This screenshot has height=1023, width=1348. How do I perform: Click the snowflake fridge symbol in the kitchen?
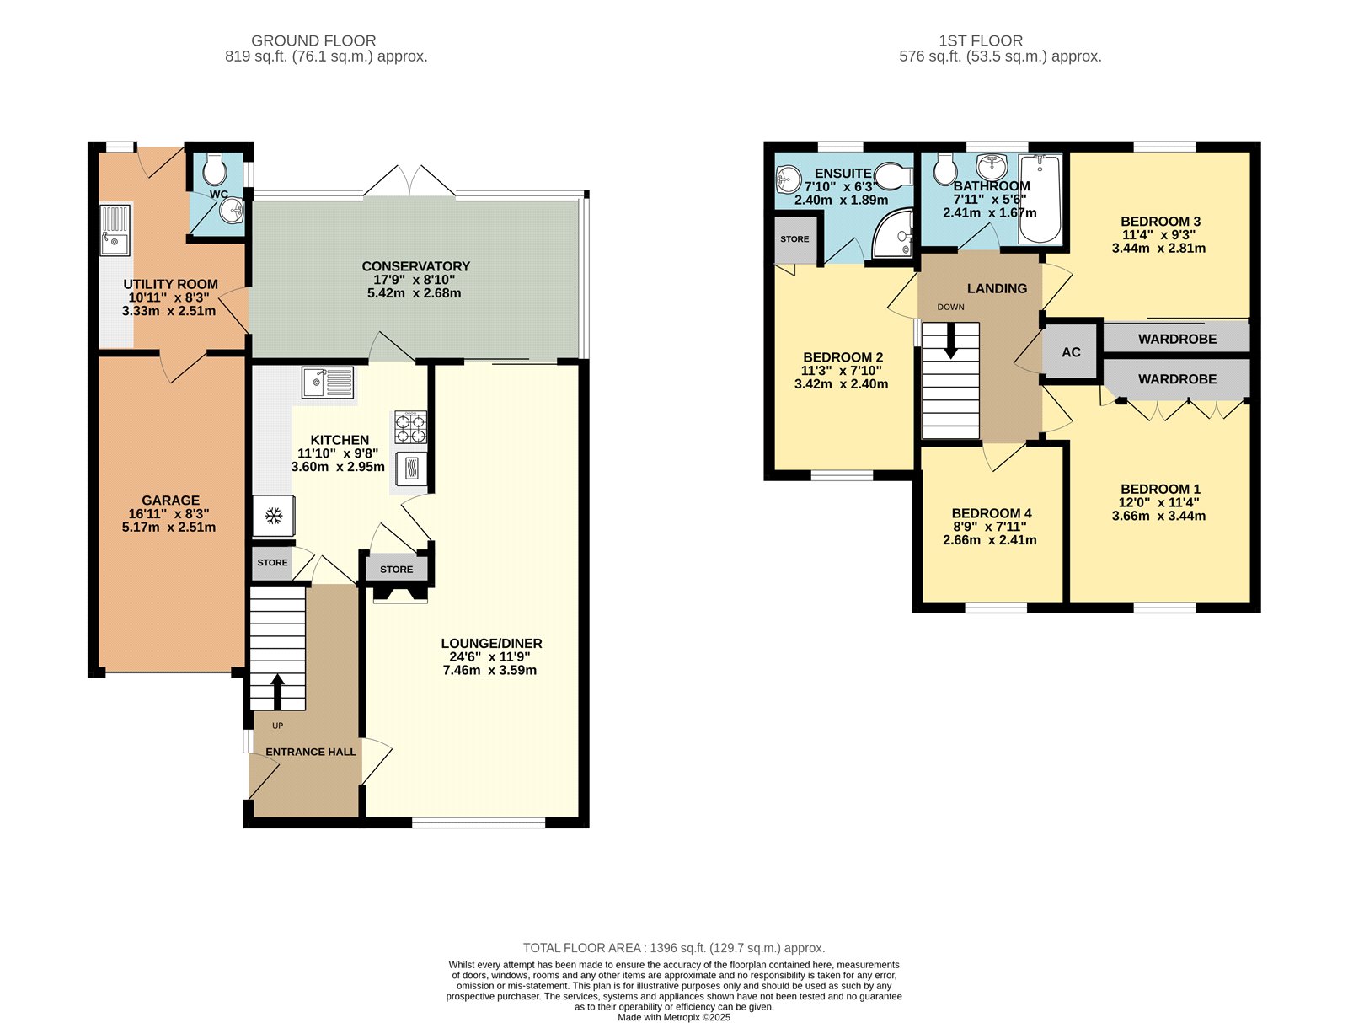click(x=273, y=516)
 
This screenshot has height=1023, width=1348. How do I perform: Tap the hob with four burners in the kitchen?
click(x=410, y=427)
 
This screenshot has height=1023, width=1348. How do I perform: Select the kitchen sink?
click(x=328, y=383)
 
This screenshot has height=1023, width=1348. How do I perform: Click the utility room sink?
click(x=115, y=230)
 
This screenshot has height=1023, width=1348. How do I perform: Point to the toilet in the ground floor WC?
click(x=215, y=169)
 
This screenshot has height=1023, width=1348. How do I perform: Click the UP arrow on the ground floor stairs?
click(x=277, y=692)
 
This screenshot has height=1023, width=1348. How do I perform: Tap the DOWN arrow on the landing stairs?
click(x=950, y=341)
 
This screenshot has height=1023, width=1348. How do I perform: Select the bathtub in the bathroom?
click(x=1040, y=200)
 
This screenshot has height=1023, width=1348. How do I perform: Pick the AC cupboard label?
click(x=1071, y=352)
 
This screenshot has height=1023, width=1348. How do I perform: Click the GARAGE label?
click(x=171, y=501)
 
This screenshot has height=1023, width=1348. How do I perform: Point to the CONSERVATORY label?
click(x=415, y=266)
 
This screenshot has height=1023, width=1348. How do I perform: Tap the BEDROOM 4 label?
click(x=991, y=513)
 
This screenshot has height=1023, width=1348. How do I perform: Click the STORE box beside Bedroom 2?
click(x=794, y=239)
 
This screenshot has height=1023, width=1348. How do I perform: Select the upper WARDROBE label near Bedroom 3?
click(x=1177, y=339)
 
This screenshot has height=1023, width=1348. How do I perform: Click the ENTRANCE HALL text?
click(x=311, y=752)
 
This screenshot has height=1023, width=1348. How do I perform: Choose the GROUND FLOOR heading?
click(x=313, y=40)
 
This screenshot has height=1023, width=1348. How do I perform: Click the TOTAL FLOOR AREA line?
click(x=674, y=948)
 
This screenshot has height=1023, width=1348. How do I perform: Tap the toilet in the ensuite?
click(x=894, y=174)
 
